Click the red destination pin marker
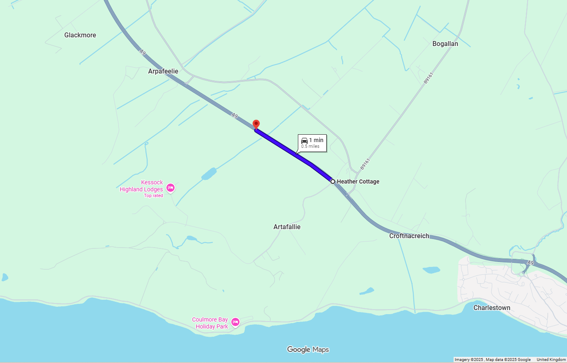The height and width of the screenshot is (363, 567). click(x=256, y=124)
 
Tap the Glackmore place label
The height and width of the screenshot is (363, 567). click(x=80, y=35)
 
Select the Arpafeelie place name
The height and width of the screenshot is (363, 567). click(x=163, y=71)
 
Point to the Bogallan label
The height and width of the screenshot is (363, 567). click(x=445, y=44)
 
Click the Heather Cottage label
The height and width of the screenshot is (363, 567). click(x=358, y=181)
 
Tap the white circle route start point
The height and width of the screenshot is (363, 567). click(x=333, y=181)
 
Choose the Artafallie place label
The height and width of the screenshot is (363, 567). click(x=287, y=227)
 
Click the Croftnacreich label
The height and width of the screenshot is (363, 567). click(x=409, y=236)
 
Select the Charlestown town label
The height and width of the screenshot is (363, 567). click(x=491, y=308)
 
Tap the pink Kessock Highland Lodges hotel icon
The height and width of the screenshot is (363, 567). click(x=171, y=188)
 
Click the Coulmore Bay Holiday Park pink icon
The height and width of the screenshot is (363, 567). click(x=235, y=322)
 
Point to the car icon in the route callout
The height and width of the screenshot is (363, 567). click(x=304, y=140)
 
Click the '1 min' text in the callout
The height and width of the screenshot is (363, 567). click(x=316, y=140)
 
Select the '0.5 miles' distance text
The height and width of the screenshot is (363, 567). click(x=310, y=147)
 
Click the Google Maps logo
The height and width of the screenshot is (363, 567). click(x=308, y=349)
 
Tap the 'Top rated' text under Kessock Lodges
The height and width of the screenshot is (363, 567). click(x=153, y=196)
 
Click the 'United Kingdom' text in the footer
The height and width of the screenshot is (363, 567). click(x=551, y=360)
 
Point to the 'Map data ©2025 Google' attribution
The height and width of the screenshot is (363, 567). click(x=508, y=360)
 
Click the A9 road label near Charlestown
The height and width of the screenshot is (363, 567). click(x=530, y=263)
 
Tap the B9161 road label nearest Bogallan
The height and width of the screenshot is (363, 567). click(x=429, y=78)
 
